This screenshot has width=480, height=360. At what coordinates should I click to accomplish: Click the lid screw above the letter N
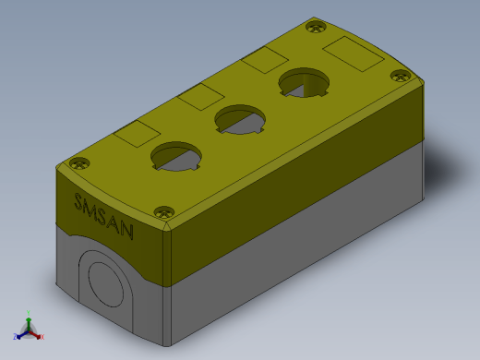coord(164,212)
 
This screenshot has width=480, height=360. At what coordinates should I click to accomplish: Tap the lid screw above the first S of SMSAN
coord(79,163)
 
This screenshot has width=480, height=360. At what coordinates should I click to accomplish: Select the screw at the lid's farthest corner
coord(316,27)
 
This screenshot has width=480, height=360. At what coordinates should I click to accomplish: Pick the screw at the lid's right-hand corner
coord(401,76)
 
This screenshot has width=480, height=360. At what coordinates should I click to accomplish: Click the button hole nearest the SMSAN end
coord(176,156)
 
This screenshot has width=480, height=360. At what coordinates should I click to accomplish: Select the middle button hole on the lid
coord(240,119)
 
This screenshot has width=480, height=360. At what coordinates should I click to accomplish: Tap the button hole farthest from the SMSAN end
coord(304,82)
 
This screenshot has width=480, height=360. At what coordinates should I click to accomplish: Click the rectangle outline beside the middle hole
coord(200,97)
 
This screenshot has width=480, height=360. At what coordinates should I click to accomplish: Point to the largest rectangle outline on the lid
coord(354,54)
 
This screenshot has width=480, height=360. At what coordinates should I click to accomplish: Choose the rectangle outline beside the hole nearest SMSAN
coord(137,134)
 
